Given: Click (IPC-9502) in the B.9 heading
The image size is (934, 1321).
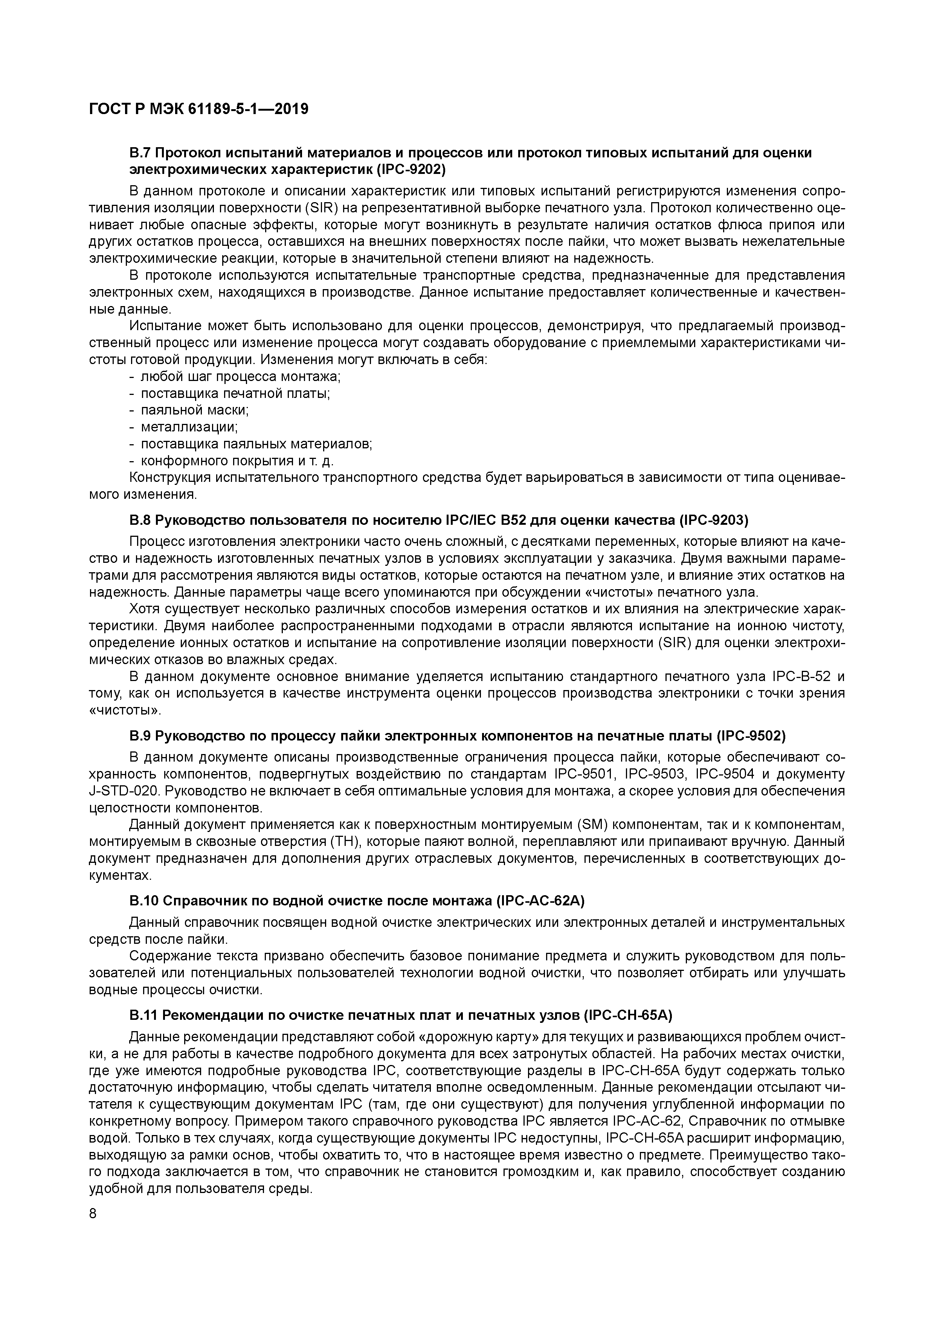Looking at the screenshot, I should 751,736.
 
